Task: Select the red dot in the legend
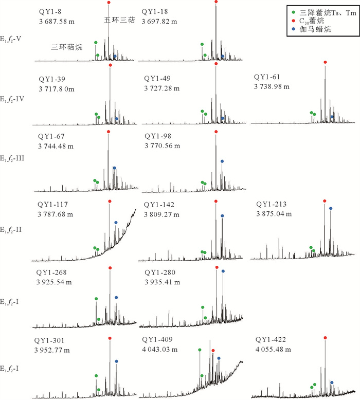coord(294,21)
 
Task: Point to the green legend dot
coord(294,11)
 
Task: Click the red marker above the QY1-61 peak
coord(325,62)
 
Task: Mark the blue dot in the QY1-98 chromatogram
coord(222,161)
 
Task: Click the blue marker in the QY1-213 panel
coord(331,208)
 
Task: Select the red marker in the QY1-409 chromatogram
coord(213,351)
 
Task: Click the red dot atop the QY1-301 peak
coord(110,338)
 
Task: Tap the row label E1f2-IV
coord(17,98)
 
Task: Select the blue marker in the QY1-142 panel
coord(222,215)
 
